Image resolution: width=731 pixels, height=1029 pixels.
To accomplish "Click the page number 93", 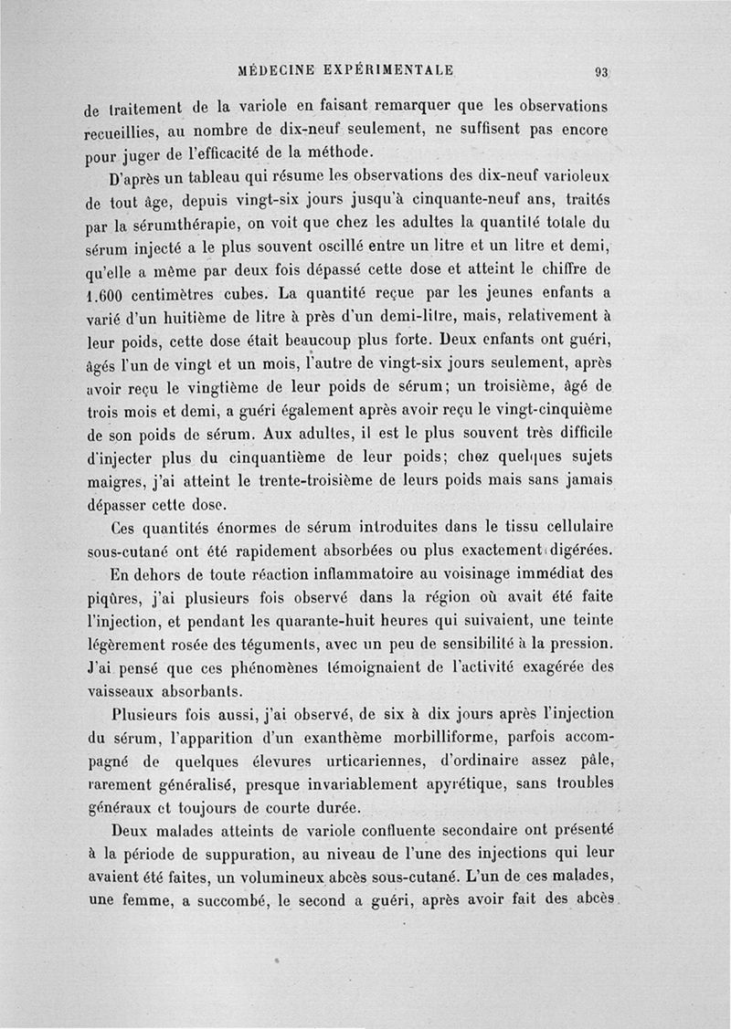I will point(601,74).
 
